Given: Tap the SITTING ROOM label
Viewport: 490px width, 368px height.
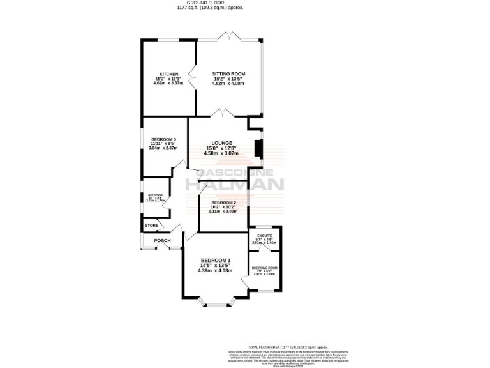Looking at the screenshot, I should pos(228,74).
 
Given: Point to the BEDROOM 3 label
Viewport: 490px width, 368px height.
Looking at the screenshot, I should pos(163,139).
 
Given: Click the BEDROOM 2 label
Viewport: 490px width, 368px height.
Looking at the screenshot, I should pos(223,203).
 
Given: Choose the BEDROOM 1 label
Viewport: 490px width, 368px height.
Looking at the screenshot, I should pos(215,260).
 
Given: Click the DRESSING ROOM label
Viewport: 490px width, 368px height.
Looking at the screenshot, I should pos(264,268).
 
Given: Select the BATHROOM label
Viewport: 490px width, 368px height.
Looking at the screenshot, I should pos(156,195).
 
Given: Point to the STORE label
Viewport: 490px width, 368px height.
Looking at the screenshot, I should pos(151,226).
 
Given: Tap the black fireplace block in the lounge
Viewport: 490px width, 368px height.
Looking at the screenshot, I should pos(258,148).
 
